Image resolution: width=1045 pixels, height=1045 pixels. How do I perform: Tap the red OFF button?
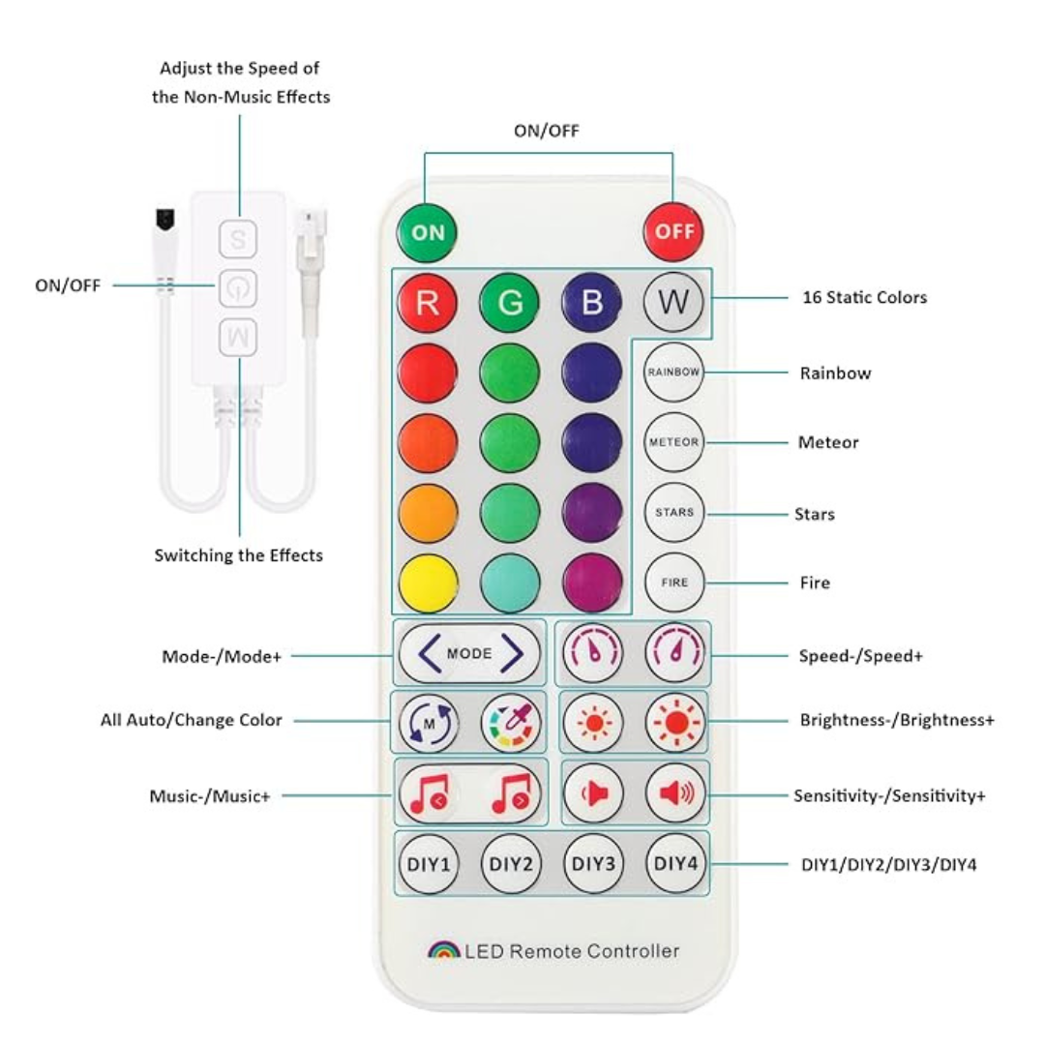(x=674, y=232)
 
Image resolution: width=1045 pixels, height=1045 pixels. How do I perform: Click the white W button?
(x=674, y=302)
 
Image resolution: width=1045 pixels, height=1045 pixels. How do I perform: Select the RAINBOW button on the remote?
(x=674, y=373)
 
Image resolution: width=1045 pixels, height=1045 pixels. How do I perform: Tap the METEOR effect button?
(x=674, y=442)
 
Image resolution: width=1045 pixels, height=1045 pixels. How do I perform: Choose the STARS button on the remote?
(x=674, y=512)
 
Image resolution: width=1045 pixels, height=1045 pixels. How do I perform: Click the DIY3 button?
(x=592, y=862)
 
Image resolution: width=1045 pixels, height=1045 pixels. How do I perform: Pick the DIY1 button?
(x=427, y=862)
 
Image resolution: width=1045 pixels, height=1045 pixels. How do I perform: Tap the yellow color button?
(x=427, y=582)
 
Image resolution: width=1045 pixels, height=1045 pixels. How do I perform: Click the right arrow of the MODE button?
(x=512, y=653)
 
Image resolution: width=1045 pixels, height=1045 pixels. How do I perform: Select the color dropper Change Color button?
(x=511, y=722)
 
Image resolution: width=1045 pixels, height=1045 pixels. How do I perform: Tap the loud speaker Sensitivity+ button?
(x=675, y=792)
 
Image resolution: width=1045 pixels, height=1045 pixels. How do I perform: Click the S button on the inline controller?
(x=237, y=237)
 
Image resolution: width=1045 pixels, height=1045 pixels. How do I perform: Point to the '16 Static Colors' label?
(x=864, y=298)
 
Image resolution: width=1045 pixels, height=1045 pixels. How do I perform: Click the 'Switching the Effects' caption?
(x=239, y=555)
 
